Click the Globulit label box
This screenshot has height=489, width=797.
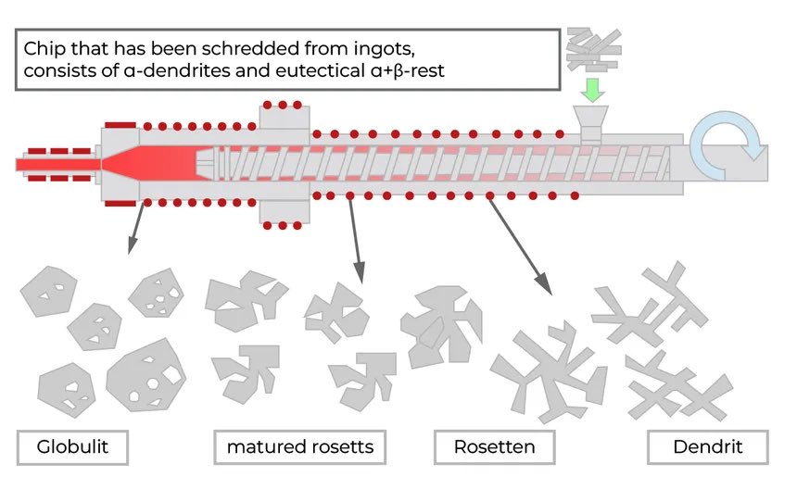pyautogui.click(x=72, y=447)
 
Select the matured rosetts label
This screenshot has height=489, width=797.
pyautogui.click(x=300, y=447)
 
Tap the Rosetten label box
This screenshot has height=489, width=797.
pyautogui.click(x=494, y=447)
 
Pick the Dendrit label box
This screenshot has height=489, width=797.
pyautogui.click(x=707, y=447)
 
